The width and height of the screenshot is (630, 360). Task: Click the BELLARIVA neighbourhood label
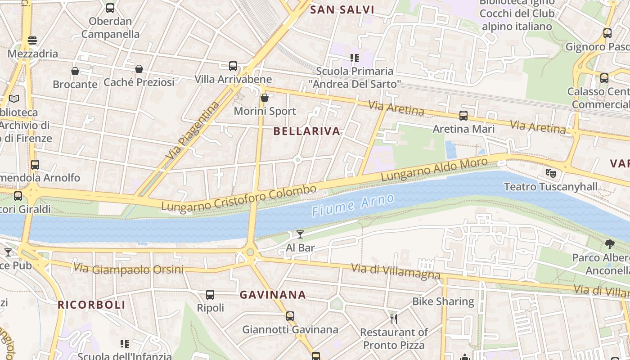307,131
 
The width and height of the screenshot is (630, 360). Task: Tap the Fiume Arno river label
353,205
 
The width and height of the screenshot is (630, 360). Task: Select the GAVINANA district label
273,295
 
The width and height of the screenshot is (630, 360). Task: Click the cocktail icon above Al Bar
300,234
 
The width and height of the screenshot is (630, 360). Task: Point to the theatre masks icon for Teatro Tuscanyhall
550,172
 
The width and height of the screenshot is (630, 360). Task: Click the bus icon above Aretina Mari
463,116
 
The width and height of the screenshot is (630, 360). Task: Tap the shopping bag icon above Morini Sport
265,97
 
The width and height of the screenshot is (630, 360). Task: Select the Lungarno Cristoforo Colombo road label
239,198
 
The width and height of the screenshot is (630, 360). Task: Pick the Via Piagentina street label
193,130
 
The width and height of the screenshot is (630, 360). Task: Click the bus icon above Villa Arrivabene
233,66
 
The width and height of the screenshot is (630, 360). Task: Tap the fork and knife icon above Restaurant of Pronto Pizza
394,319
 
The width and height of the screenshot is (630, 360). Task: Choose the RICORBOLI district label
91,305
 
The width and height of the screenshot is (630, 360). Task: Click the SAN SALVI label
342,10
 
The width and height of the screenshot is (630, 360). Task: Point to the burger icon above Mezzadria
32,40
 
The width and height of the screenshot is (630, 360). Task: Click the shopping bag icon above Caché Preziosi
139,69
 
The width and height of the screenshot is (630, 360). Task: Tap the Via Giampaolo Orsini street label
128,269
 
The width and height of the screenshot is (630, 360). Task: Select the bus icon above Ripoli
210,295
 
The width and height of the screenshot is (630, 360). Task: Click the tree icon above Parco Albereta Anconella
610,244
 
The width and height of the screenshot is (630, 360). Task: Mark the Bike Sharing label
443,301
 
